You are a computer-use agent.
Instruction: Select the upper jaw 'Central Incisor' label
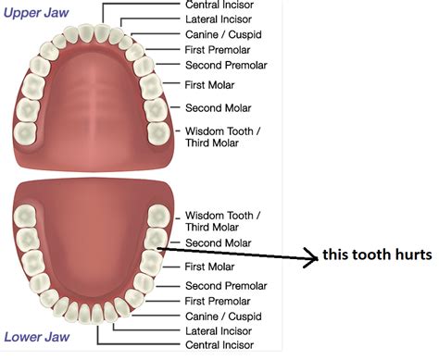point(220,5)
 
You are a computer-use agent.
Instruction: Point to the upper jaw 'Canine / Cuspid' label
point(222,33)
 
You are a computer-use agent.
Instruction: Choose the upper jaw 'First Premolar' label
point(219,49)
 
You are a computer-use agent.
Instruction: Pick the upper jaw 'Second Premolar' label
point(225,66)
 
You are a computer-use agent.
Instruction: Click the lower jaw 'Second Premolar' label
point(225,286)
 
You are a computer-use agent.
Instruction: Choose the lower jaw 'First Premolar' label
point(219,302)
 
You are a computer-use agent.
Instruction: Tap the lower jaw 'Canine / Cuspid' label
point(222,317)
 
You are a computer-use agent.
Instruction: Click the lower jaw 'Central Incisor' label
point(220,347)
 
